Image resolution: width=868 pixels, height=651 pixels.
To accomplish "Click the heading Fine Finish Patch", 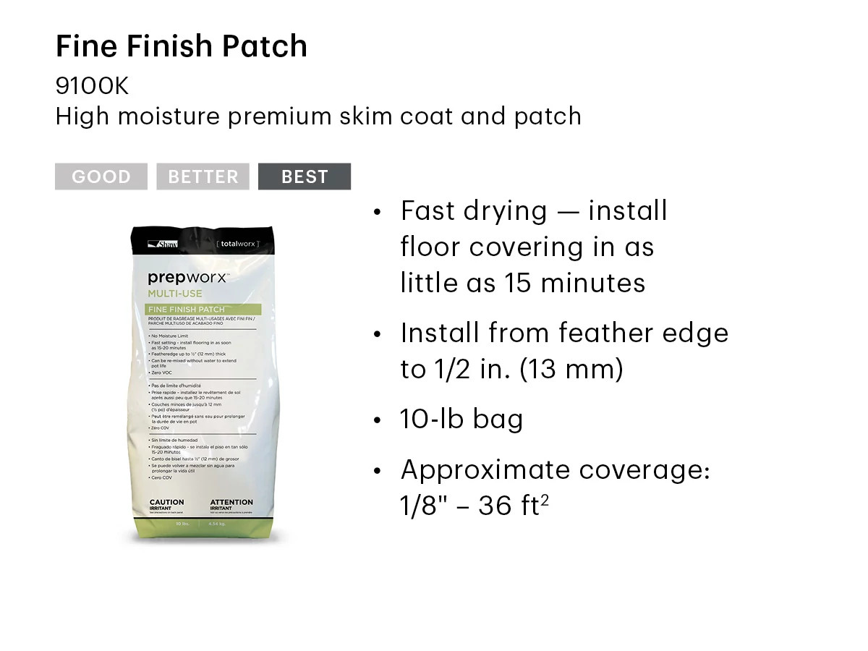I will click(182, 47).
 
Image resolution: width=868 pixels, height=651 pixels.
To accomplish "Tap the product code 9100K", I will click(92, 86).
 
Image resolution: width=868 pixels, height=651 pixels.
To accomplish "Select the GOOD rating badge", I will click(101, 176).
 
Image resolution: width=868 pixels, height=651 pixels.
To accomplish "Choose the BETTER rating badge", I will click(203, 176).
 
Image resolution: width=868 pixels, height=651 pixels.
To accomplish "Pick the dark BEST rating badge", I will click(305, 176).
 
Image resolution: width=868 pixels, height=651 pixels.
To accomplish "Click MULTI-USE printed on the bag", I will click(175, 294).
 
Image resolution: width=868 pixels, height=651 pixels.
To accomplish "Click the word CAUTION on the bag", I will click(166, 502).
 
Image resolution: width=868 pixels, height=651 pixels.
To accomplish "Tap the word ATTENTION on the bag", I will click(231, 502).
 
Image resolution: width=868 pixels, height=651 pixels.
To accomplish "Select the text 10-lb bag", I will click(461, 420).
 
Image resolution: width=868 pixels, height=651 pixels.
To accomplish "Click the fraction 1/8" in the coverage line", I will click(421, 506).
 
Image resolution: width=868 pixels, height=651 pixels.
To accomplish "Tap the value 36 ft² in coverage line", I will click(513, 506).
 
